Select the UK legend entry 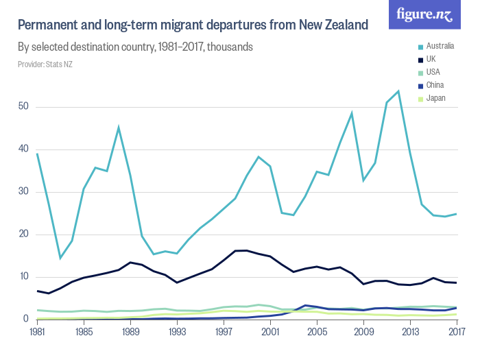(x=430, y=59)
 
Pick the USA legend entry (x=432, y=72)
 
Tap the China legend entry (x=433, y=85)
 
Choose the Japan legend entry (x=435, y=98)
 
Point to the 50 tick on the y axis (x=23, y=107)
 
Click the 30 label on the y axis (x=23, y=192)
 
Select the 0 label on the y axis (x=25, y=319)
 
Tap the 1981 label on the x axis (x=37, y=333)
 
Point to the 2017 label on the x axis (x=457, y=333)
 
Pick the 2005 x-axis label (x=317, y=333)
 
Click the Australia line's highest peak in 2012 (x=398, y=91)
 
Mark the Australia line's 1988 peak (x=119, y=127)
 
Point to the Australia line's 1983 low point (x=60, y=258)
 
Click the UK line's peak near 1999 (x=247, y=250)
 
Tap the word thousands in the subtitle (x=230, y=48)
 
